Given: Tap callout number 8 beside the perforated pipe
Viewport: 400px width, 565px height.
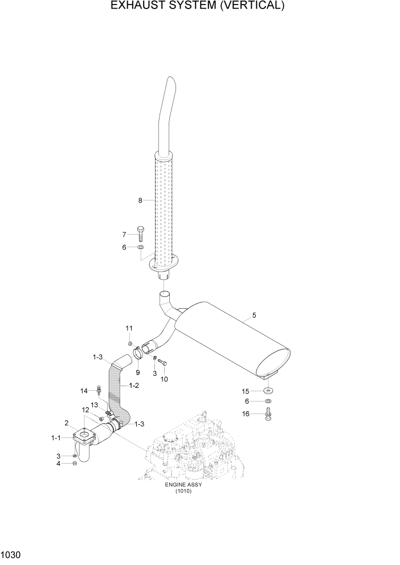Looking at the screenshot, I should pyautogui.click(x=140, y=200).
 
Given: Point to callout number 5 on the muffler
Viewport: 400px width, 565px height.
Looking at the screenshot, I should pyautogui.click(x=254, y=314).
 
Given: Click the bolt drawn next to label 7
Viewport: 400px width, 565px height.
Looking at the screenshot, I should pyautogui.click(x=140, y=234).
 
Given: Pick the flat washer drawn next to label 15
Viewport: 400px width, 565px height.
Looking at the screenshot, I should pyautogui.click(x=268, y=391).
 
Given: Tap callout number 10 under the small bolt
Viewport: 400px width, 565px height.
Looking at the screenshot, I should pyautogui.click(x=164, y=379).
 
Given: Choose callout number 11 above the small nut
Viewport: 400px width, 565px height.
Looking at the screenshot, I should pyautogui.click(x=129, y=328).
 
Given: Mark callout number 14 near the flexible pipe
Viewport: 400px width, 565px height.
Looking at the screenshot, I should pyautogui.click(x=84, y=391).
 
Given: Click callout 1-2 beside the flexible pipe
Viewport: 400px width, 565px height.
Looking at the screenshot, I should pyautogui.click(x=134, y=386).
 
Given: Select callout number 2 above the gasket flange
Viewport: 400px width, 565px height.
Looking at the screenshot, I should pyautogui.click(x=67, y=423).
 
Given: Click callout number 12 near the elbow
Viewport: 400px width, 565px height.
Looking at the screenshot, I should pyautogui.click(x=85, y=410).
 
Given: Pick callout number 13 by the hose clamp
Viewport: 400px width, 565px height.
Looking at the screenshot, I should pyautogui.click(x=95, y=404).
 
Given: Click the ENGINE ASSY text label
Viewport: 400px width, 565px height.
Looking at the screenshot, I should pyautogui.click(x=183, y=485).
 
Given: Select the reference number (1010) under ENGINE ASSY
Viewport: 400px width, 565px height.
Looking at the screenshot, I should pyautogui.click(x=183, y=492).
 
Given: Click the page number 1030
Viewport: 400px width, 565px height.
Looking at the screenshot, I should pyautogui.click(x=11, y=554).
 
